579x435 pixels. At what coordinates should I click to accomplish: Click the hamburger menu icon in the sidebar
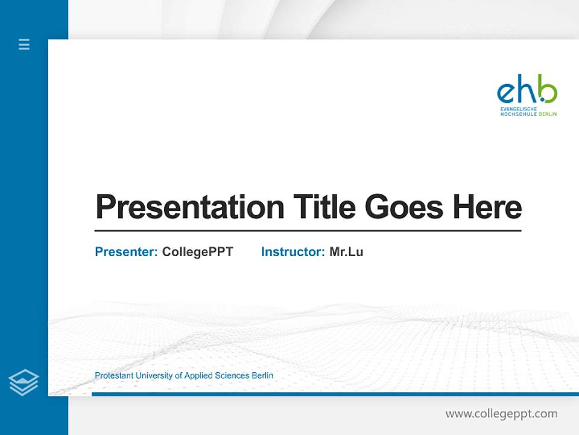click(24, 44)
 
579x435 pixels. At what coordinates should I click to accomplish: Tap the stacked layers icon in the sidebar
click(24, 382)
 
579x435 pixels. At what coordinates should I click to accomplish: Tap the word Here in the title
click(487, 207)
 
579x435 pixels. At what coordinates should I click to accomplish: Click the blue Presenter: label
click(126, 252)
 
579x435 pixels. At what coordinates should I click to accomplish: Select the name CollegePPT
click(197, 252)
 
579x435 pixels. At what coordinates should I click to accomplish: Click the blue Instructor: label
click(293, 252)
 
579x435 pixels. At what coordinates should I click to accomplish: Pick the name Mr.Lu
click(346, 252)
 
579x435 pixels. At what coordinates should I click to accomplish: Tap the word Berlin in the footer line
click(262, 376)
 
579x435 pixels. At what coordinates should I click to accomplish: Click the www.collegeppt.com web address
click(501, 414)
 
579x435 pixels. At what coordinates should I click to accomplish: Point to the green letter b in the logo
click(548, 91)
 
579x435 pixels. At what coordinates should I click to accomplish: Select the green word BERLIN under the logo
click(548, 114)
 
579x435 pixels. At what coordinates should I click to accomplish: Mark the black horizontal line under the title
click(308, 231)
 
